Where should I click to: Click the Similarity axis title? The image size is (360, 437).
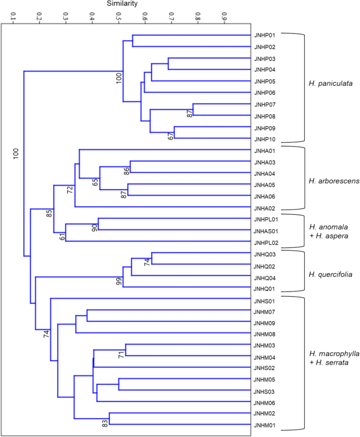click(x=122, y=4)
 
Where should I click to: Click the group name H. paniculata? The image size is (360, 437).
click(x=330, y=84)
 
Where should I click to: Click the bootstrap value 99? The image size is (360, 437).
click(x=119, y=282)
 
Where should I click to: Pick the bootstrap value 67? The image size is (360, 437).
click(x=171, y=135)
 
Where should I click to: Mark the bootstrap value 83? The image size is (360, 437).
click(x=105, y=421)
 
